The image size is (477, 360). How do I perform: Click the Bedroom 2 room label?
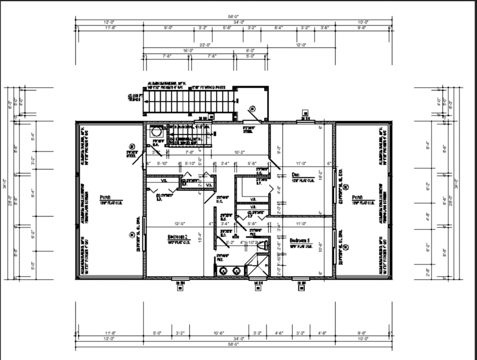178,238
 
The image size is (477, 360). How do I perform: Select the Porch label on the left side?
106,197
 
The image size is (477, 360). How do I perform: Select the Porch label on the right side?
357,197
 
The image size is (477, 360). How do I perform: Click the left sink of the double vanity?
224,271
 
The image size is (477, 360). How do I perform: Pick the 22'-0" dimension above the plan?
206,44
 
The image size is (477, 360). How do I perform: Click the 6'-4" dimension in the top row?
278,27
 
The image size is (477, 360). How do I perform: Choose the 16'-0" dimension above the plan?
188,50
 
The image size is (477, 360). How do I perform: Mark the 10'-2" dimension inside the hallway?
238,152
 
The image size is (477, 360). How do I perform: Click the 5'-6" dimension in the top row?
227,27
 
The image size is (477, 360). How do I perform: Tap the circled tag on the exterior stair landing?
253,108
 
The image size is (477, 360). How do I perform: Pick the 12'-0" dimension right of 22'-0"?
300,44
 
